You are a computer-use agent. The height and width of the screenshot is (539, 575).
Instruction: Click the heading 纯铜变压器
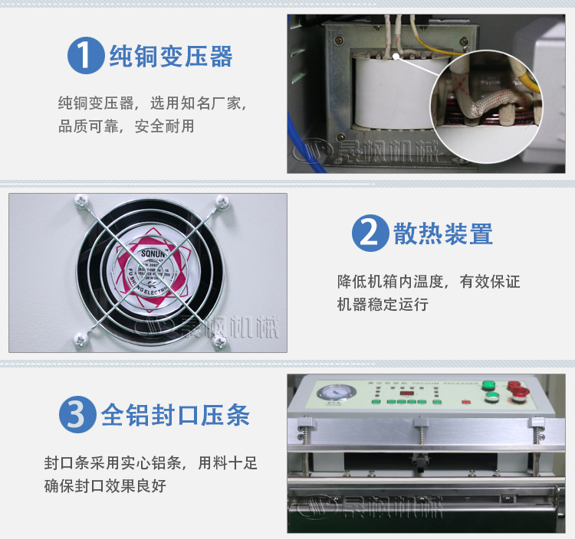tap(171, 56)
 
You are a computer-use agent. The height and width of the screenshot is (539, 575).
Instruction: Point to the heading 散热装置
tap(443, 234)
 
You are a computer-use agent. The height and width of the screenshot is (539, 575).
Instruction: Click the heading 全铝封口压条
tap(176, 415)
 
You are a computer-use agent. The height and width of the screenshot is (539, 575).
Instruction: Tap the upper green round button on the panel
tap(488, 385)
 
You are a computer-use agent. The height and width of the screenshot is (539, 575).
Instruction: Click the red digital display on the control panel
tap(407, 393)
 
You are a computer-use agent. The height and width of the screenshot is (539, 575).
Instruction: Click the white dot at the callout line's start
tap(397, 56)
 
